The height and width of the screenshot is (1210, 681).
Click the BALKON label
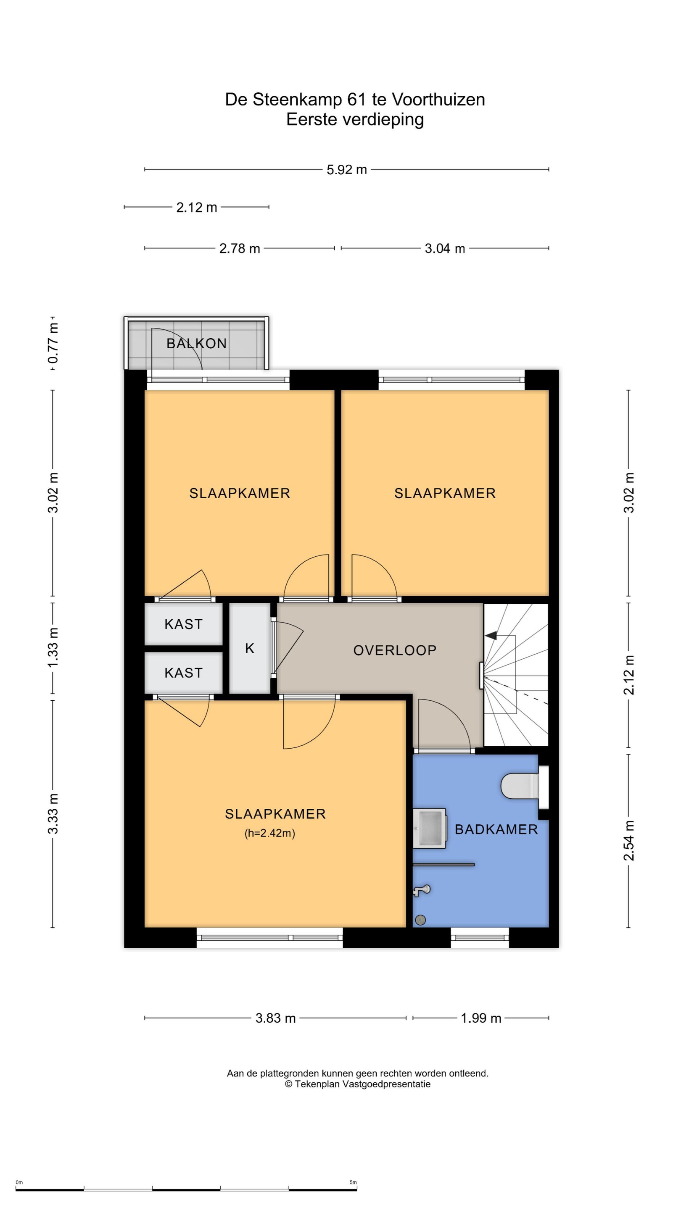[x=196, y=343]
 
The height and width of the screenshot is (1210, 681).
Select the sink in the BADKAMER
[x=429, y=828]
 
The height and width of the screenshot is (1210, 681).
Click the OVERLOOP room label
[x=395, y=650]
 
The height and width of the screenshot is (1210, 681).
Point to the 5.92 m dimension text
[x=347, y=170]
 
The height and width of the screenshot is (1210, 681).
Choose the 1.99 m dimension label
[x=481, y=1018]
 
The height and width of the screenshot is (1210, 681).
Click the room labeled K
[x=250, y=648]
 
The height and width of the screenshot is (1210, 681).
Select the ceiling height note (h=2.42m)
[x=270, y=833]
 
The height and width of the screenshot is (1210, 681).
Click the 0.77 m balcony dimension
[x=53, y=343]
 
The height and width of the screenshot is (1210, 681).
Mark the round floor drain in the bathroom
[x=421, y=920]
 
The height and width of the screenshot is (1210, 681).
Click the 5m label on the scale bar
[x=353, y=1182]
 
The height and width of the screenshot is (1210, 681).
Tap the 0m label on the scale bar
[x=19, y=1182]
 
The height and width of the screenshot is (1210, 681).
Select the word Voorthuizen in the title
[x=438, y=100]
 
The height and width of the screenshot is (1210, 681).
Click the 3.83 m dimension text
[x=275, y=1018]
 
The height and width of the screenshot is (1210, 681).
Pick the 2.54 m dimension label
[x=629, y=840]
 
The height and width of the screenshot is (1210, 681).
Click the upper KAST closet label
[x=183, y=624]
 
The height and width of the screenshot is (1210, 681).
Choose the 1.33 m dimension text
[x=53, y=647]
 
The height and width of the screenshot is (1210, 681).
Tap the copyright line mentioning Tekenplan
[x=358, y=1084]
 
